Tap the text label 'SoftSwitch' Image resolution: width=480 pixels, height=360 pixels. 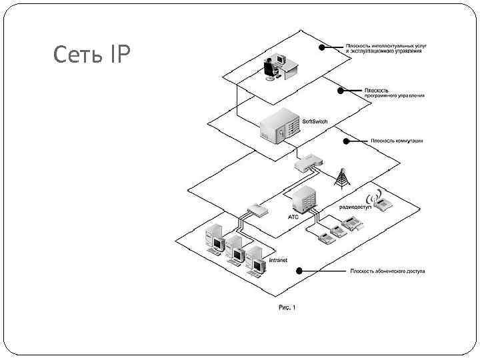coord(315,121)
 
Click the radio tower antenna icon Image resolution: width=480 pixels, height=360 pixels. coord(342,176)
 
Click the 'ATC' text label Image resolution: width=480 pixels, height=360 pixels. coord(294,217)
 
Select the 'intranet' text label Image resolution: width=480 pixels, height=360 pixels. coord(277,259)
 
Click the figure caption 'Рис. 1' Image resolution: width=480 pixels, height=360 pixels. coord(286,307)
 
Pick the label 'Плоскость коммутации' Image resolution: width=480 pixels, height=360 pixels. coord(397,141)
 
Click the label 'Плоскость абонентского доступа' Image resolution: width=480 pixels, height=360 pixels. coord(387,271)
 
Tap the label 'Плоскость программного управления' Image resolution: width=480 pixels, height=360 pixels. coord(393,92)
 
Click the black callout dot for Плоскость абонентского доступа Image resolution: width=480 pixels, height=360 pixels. coord(299,271)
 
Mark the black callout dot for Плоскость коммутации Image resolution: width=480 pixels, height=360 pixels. coord(345,141)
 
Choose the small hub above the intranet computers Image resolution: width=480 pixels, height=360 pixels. coord(257,211)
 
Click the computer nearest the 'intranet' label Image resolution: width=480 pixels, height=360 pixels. coord(255,259)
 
